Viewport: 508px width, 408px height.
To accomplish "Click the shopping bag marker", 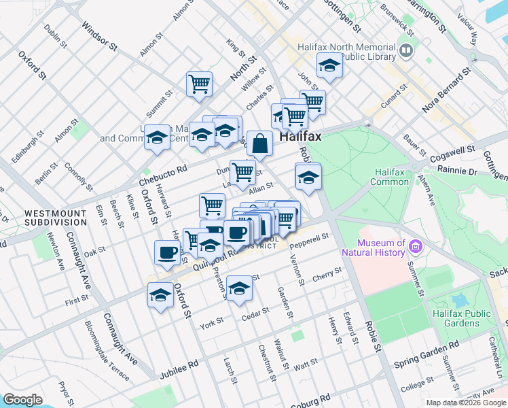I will click(259, 144).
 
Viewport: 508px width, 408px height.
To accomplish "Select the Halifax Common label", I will click(390, 177).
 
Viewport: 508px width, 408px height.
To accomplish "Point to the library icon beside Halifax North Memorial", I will click(406, 51).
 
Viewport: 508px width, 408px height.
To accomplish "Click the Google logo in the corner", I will click(22, 400).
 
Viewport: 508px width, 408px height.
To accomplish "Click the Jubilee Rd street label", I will click(179, 369).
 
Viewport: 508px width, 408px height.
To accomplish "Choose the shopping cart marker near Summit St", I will click(199, 84).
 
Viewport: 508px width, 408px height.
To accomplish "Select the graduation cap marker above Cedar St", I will click(239, 288).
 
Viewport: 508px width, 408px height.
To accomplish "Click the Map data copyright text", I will click(466, 403).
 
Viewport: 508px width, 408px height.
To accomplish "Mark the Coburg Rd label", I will click(310, 400).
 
